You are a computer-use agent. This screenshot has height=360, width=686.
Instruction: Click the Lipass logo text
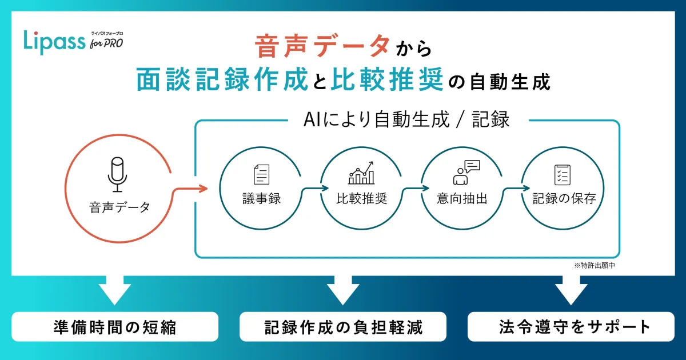[x=54, y=41]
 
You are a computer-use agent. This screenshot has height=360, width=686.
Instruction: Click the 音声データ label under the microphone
[x=119, y=207]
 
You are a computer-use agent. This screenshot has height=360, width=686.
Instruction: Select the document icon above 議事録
[x=261, y=174]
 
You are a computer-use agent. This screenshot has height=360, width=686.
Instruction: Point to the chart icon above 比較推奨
[x=362, y=173]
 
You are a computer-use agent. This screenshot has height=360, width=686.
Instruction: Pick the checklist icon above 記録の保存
[x=563, y=174]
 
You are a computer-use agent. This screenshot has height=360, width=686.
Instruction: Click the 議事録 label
[x=261, y=199]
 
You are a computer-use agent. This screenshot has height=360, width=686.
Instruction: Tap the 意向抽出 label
[x=462, y=199]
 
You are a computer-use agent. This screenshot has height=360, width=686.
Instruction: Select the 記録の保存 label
[x=564, y=199]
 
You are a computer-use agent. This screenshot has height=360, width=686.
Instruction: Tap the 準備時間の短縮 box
[x=115, y=327]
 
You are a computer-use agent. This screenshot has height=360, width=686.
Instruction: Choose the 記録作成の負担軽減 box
[x=343, y=327]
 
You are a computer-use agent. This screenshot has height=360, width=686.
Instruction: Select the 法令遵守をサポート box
[x=571, y=327]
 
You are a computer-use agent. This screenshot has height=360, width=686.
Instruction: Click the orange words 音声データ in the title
[x=323, y=47]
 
